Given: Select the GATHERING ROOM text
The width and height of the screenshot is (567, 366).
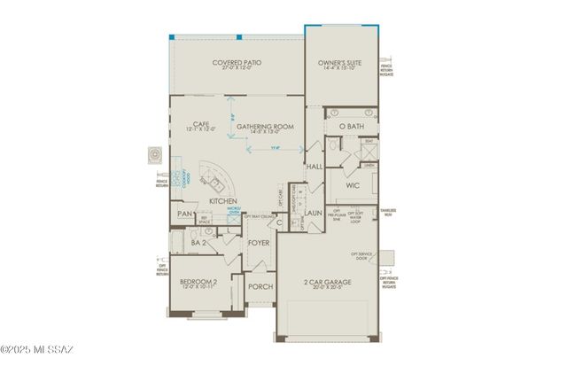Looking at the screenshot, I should (267, 127).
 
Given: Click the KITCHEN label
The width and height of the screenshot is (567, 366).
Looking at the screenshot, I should (221, 201).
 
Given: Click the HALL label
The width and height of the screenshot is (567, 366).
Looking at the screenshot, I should (314, 166).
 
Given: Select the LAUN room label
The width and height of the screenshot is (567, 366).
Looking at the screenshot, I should (313, 213).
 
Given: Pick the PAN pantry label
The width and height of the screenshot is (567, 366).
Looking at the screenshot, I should (185, 214).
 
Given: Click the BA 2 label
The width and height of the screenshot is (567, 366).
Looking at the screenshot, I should (200, 242).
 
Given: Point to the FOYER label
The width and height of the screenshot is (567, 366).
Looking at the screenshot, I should (258, 242).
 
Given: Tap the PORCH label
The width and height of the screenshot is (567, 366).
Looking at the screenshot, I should (260, 286).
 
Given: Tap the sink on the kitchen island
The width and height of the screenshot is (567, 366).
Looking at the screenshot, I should (214, 183).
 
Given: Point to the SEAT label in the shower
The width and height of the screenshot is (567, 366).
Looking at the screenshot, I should (368, 141).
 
